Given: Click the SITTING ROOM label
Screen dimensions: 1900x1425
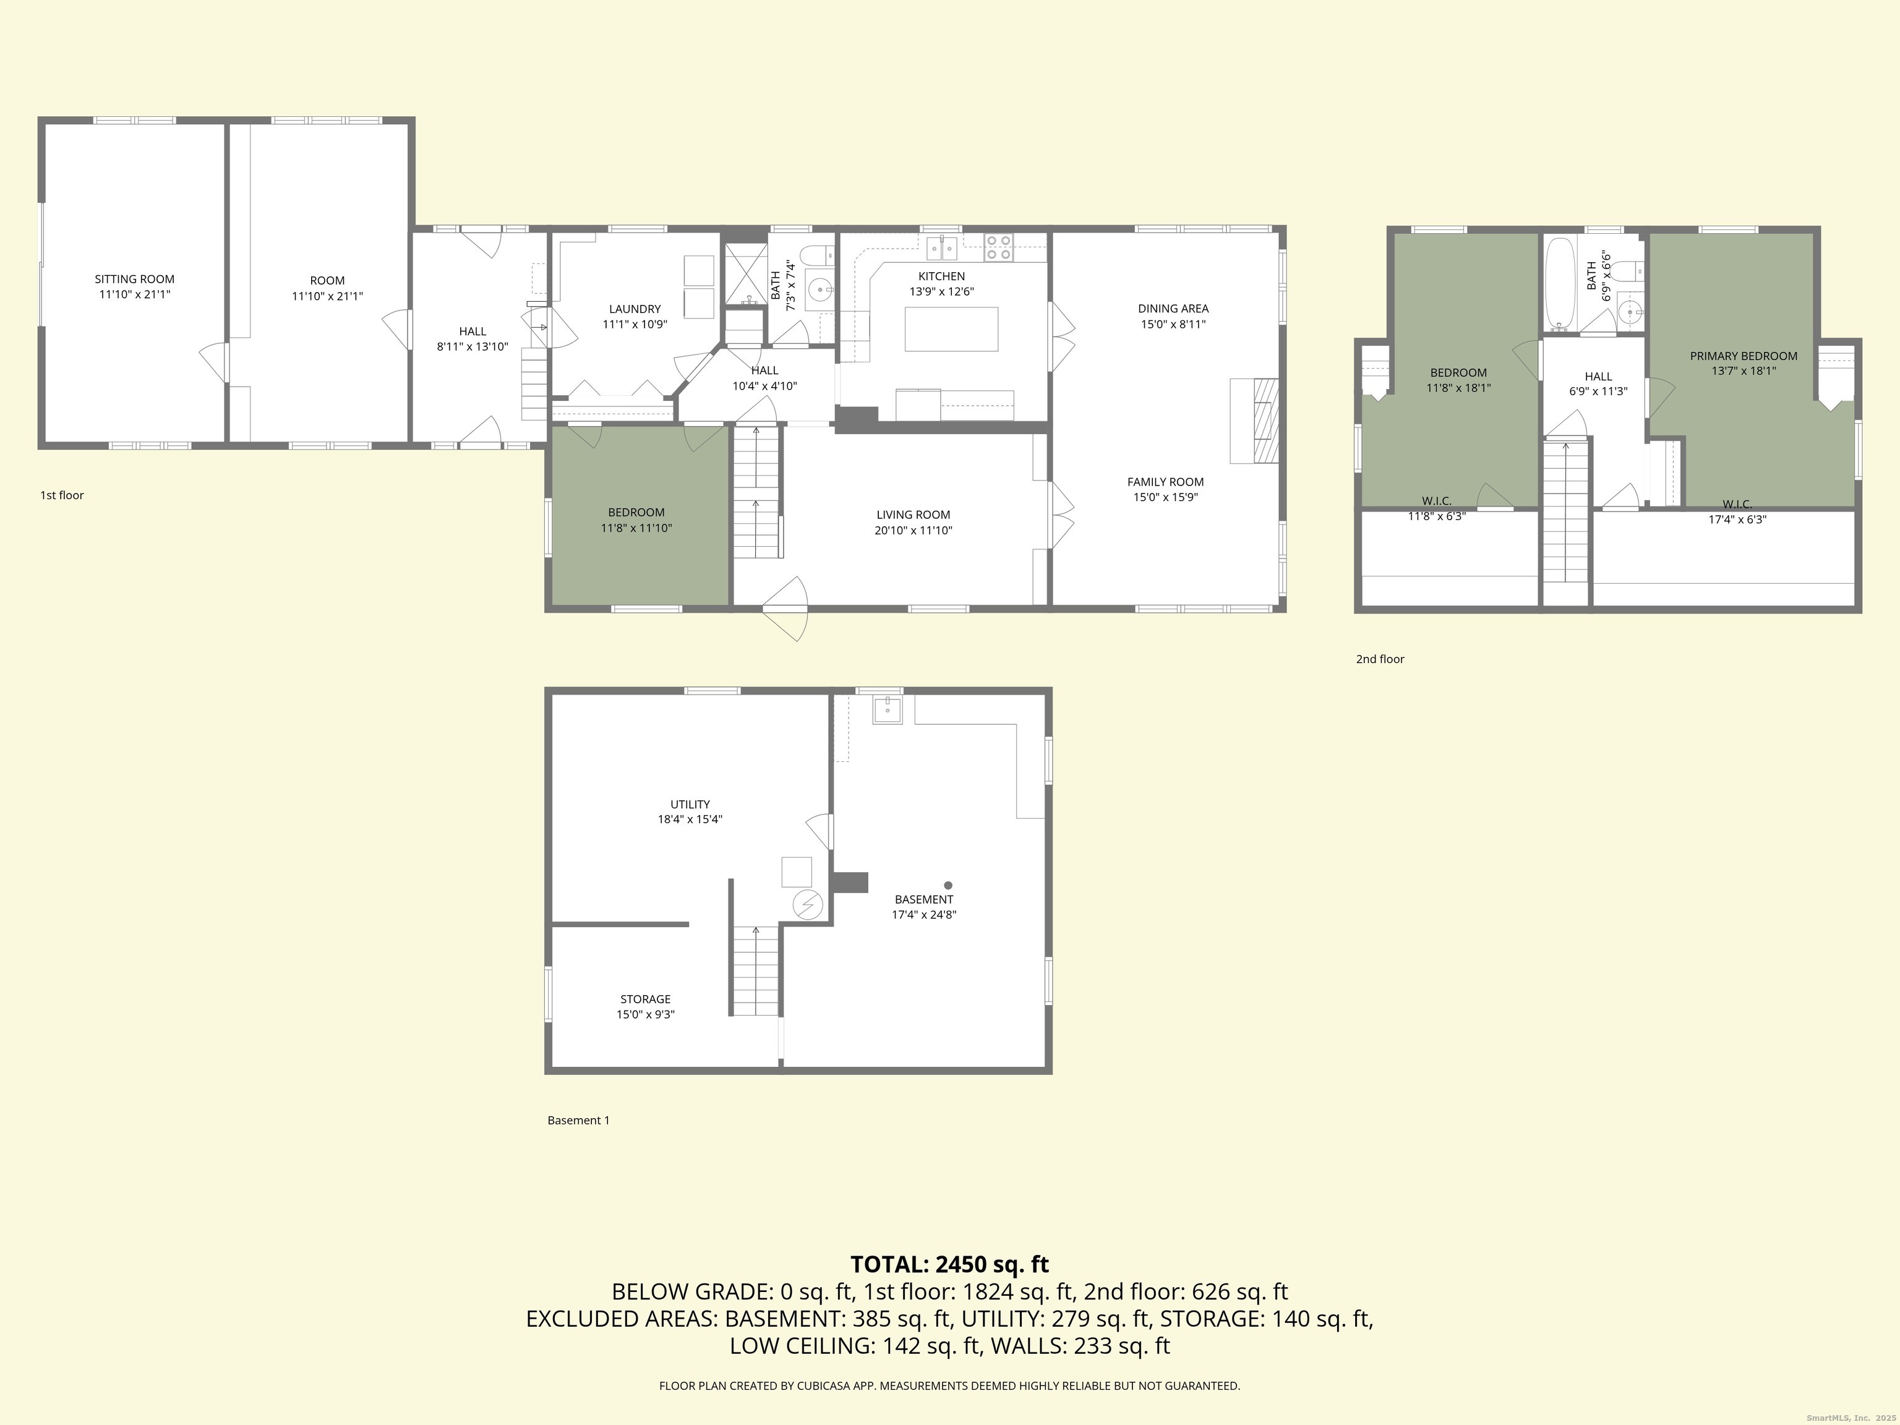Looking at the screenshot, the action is (134, 279).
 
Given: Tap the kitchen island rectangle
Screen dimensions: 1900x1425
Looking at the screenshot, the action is (951, 329).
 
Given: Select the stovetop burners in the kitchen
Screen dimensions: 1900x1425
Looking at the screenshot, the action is (999, 247).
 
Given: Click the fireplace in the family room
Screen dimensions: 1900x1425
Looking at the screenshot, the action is (1255, 421).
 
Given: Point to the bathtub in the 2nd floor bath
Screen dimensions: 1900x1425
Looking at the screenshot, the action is (1560, 285).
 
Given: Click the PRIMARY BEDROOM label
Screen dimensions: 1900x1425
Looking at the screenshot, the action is (1744, 356).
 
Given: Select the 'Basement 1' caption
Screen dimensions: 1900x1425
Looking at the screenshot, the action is (578, 1120).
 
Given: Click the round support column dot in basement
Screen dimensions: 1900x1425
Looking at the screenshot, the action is (948, 884).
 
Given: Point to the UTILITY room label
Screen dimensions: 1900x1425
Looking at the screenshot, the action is (690, 805).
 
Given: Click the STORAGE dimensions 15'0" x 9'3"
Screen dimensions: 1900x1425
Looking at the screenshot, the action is (645, 1014).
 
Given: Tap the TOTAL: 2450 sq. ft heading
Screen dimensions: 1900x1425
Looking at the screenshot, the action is (949, 1264).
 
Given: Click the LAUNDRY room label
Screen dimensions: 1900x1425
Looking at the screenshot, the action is (635, 309).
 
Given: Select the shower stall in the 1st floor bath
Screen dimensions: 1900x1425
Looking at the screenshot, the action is (744, 275).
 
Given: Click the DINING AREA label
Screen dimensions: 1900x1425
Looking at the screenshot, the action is (1173, 309).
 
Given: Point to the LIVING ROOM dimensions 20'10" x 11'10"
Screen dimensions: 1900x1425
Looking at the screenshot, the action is (913, 530).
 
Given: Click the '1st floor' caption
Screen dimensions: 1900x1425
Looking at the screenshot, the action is (62, 495).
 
